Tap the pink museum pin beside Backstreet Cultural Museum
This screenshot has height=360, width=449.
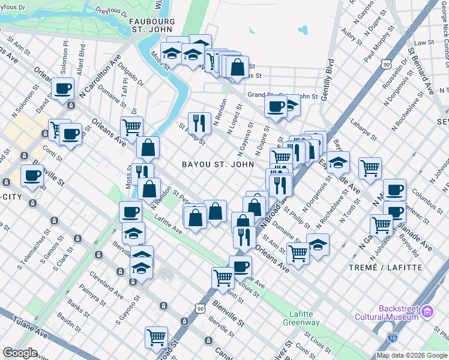click(x=427, y=311)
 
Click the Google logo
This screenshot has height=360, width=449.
click(x=20, y=353)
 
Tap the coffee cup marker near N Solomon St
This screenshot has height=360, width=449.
click(x=62, y=90)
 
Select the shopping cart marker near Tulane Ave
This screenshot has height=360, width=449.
click(x=157, y=337)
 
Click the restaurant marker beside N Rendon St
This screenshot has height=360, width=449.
click(x=199, y=123)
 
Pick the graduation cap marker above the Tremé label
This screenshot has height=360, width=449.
click(x=318, y=244)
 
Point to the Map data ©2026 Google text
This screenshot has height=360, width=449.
click(x=412, y=355)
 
